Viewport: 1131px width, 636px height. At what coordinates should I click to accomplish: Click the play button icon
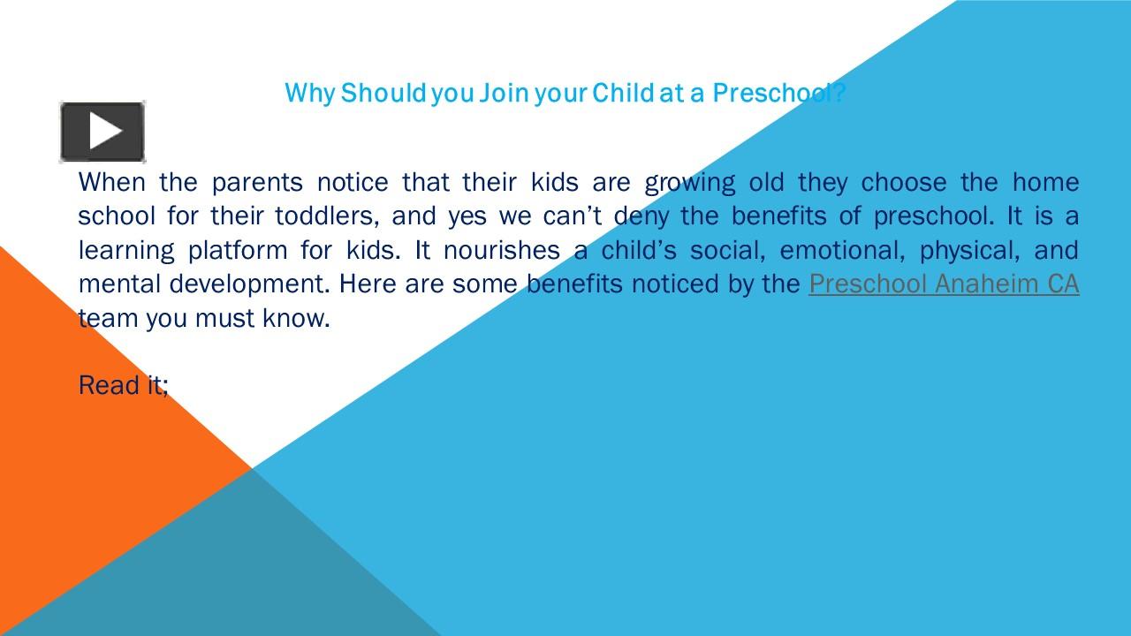102,132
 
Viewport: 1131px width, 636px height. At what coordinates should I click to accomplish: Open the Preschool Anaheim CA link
943,284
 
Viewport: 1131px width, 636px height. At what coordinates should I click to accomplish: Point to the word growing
689,182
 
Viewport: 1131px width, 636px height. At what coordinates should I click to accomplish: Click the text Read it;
123,385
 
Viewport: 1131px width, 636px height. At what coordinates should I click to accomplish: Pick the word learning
126,251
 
